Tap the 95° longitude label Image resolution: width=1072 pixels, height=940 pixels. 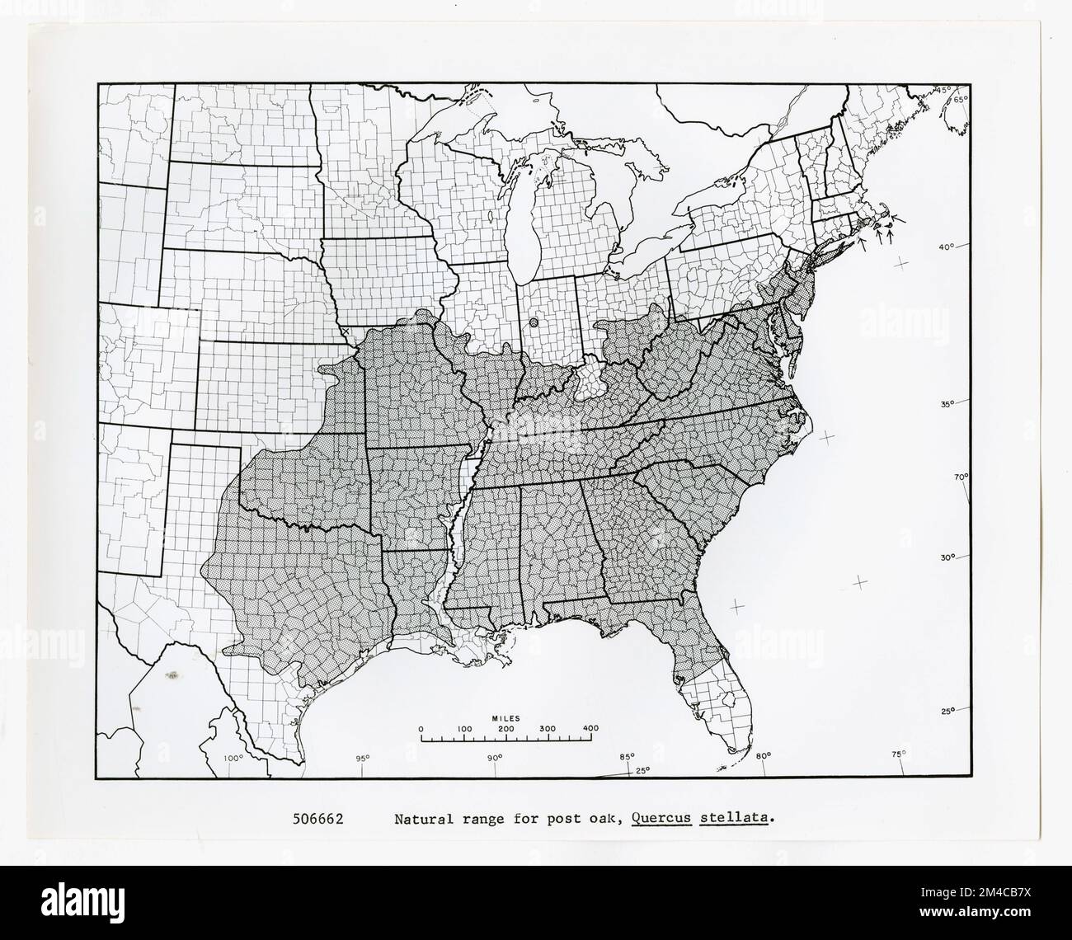tap(362, 758)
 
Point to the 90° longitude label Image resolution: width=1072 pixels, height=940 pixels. tap(494, 758)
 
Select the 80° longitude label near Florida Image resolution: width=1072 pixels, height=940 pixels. tap(763, 754)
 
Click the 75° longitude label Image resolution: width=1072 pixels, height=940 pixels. tap(898, 753)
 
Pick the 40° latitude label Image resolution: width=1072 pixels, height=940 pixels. tap(946, 247)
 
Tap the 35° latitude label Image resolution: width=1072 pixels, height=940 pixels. tap(947, 404)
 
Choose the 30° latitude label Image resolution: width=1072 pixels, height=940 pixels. tap(947, 558)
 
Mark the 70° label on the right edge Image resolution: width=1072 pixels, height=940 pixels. tap(962, 477)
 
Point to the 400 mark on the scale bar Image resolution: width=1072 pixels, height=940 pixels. tap(590, 729)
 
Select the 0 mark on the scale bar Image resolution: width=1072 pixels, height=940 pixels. tap(421, 729)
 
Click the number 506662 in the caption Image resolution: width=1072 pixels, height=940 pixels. tap(317, 820)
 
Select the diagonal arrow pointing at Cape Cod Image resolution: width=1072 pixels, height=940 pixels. tap(899, 220)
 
